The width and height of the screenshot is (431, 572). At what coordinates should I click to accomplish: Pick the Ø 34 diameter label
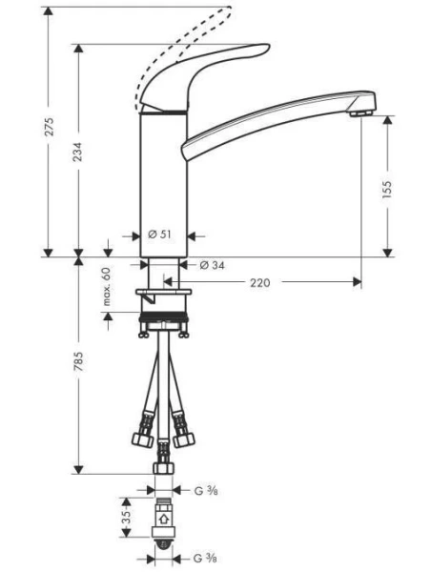point(211,265)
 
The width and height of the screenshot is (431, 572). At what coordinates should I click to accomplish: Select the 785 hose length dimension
point(81,362)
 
